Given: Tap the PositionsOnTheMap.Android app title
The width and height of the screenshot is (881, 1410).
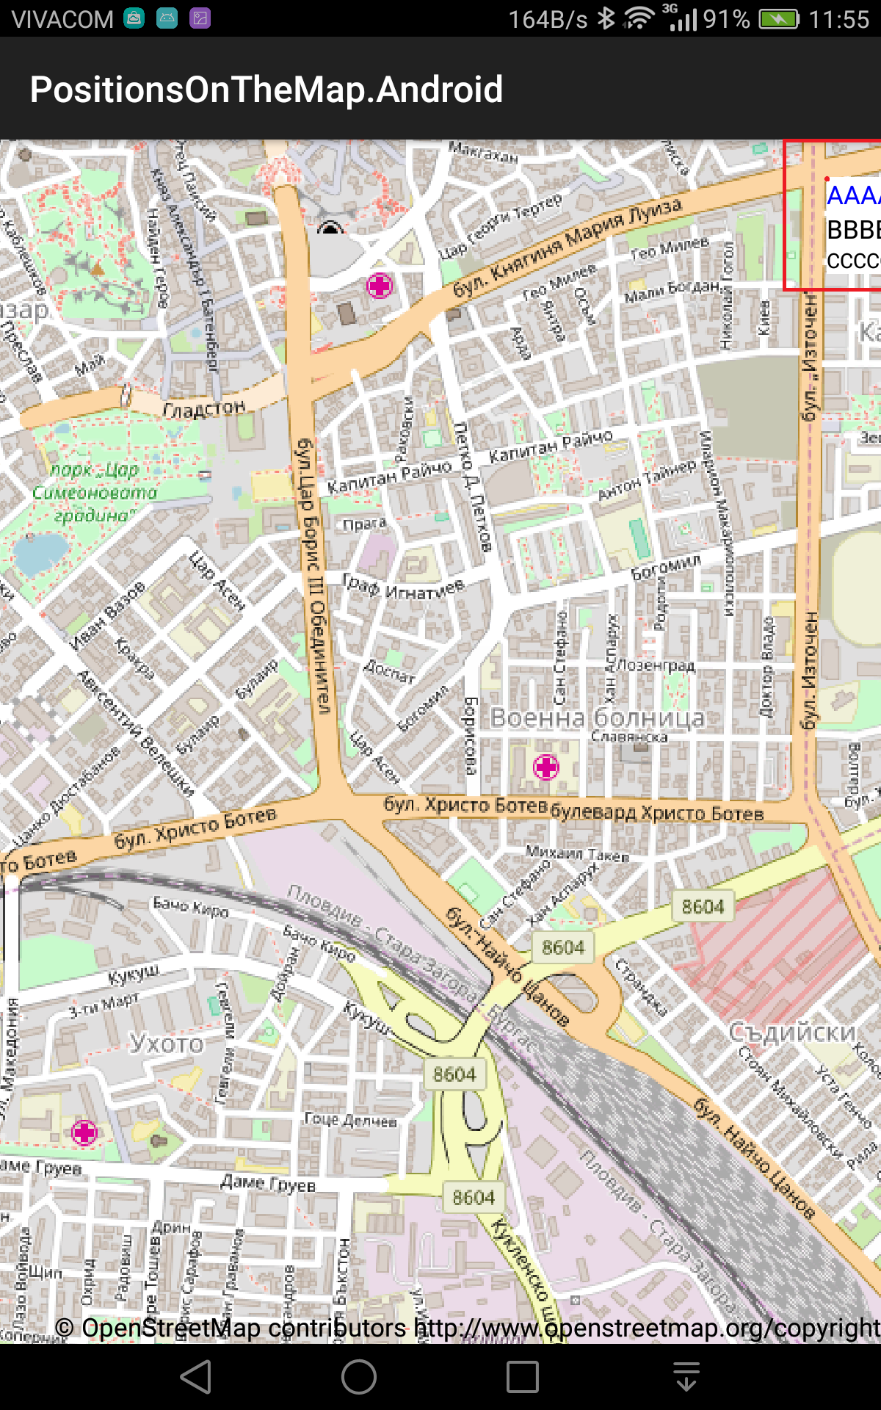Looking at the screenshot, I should (266, 90).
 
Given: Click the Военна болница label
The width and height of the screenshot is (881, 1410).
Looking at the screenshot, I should (597, 717).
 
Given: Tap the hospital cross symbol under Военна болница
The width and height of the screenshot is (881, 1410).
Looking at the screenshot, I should (545, 767).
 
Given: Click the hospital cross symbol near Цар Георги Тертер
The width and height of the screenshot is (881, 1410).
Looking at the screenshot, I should (380, 285).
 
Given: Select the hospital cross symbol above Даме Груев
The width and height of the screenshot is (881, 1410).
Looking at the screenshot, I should (84, 1132).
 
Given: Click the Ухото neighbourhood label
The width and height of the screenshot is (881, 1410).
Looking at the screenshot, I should (167, 1043).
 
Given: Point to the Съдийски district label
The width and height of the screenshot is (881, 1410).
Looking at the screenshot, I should (793, 1032).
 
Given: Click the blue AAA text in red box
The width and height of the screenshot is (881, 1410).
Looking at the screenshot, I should (852, 195).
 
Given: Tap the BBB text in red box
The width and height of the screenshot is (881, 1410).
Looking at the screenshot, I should (852, 230).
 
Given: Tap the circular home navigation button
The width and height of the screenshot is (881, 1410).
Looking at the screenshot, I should (358, 1376).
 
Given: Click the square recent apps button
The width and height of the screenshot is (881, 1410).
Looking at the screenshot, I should (522, 1376).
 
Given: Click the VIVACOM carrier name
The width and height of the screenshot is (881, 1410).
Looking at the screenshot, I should (63, 19).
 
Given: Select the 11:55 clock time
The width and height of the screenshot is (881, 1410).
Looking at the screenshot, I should (838, 19).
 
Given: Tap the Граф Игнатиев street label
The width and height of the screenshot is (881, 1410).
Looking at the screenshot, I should (404, 587).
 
